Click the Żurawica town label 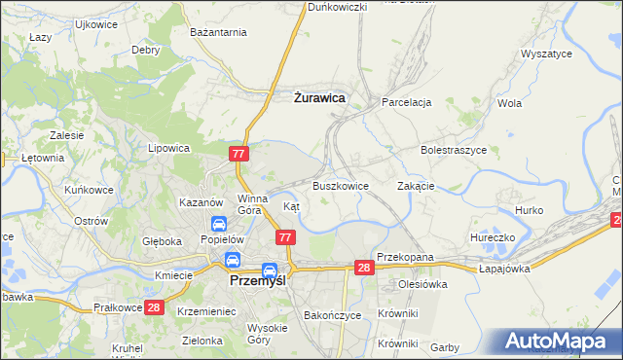click(319, 97)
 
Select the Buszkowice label click(340, 185)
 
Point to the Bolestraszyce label click(453, 151)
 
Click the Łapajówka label click(506, 269)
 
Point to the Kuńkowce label click(89, 190)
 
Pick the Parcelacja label click(406, 101)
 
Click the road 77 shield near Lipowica click(239, 154)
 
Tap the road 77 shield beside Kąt click(285, 237)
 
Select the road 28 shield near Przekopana click(364, 268)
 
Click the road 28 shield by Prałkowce click(153, 307)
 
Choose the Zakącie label click(416, 185)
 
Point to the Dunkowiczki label click(337, 7)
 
